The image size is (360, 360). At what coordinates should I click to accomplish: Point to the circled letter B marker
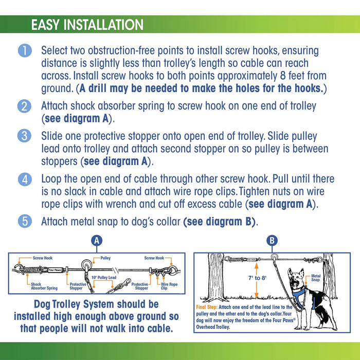coord(272,240)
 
